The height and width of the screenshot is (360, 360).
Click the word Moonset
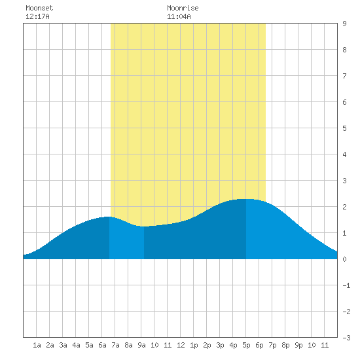coord(39,8)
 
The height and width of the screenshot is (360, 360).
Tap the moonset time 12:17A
coord(37,16)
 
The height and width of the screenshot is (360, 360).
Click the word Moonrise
coord(183,8)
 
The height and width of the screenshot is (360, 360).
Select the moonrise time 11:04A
coord(179,16)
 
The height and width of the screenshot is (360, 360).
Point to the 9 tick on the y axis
coord(344,24)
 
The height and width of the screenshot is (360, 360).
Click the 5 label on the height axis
coord(344,128)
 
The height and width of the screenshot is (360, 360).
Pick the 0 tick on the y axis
coord(344,259)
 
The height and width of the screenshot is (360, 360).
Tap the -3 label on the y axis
coord(346,338)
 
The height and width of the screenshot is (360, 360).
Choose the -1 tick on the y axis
coord(346,285)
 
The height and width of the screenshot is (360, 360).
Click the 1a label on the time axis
coord(37,345)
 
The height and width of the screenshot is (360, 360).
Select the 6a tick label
coord(102,345)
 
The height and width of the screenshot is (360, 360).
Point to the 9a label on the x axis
coord(141,345)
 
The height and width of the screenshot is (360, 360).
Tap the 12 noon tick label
coord(181,345)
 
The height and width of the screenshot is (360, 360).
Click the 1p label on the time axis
coord(194,345)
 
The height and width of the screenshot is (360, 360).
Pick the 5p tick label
coord(246,345)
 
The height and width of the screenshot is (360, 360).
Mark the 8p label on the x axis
coord(285,345)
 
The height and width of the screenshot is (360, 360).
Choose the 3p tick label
coord(220,345)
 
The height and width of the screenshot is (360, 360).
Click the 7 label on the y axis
coord(344,76)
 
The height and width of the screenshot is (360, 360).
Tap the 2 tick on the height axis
coord(344,207)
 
